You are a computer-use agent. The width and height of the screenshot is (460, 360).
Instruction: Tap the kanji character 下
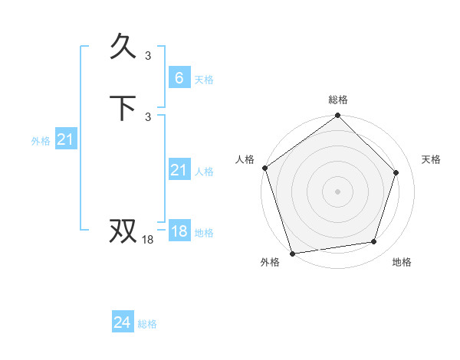[x=125, y=108]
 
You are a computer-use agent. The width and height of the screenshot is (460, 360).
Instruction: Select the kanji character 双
[x=125, y=231]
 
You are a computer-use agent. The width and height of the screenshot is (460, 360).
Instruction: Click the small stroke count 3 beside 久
[x=148, y=55]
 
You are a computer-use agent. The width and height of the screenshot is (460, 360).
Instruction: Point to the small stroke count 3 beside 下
[x=148, y=116]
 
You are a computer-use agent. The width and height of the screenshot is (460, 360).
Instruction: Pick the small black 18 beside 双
[x=148, y=240]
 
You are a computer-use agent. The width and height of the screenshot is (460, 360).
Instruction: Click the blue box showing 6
[x=179, y=78]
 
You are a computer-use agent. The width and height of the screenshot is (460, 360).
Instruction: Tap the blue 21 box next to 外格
[x=66, y=139]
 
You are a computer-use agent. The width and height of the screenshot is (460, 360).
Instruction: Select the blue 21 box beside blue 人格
[x=179, y=170]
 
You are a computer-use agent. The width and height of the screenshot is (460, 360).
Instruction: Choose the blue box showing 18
[x=179, y=231]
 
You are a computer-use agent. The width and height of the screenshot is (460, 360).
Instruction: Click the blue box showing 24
[x=122, y=323]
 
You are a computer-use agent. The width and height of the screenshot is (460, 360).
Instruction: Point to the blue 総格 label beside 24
[x=147, y=325]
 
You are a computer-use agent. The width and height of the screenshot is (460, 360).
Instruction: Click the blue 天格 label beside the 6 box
[x=204, y=80]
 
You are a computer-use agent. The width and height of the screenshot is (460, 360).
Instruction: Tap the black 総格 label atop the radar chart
[x=338, y=100]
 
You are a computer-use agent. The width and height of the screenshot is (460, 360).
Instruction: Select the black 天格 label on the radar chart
[x=431, y=159]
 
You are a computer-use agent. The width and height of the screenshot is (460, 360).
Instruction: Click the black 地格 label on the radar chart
[x=402, y=263]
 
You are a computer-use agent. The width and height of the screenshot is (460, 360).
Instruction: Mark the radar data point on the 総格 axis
[x=338, y=116]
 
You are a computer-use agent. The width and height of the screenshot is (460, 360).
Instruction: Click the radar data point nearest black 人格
[x=264, y=168]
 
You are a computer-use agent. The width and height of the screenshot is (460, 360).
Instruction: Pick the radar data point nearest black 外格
[x=292, y=253]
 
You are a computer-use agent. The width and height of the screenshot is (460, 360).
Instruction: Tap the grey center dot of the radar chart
[x=338, y=191]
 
